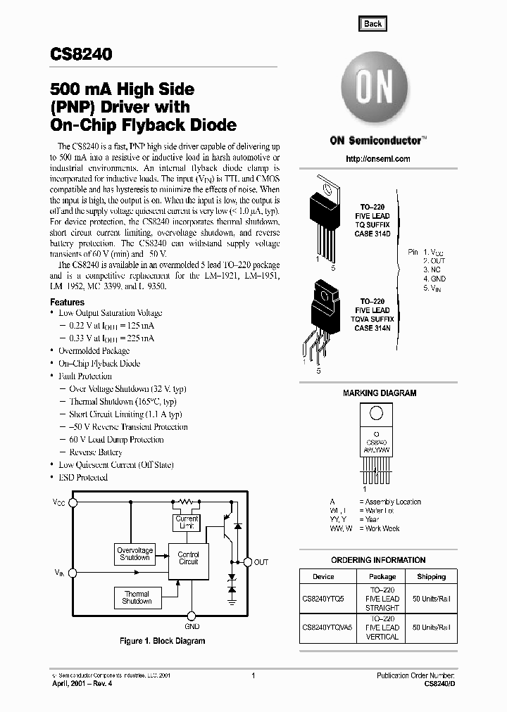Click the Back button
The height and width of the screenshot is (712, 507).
[x=373, y=23]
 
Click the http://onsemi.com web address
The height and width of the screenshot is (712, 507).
[x=378, y=159]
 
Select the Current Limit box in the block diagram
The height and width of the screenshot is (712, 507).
[x=187, y=523]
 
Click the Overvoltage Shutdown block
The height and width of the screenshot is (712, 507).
[x=134, y=554]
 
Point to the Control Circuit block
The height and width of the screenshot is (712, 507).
[x=188, y=558]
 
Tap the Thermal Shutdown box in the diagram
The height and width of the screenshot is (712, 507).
[x=137, y=598]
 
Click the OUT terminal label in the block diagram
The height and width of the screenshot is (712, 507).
[x=261, y=562]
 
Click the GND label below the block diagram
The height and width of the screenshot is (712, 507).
[x=192, y=625]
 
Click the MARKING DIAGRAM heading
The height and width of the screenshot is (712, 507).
[x=379, y=393]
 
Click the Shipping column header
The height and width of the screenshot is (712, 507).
[x=431, y=576]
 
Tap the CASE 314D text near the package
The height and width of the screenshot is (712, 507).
[x=372, y=233]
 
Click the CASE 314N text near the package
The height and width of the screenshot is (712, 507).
[x=373, y=328]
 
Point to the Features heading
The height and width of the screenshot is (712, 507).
[x=67, y=302]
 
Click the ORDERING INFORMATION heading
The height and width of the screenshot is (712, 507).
[x=378, y=560]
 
